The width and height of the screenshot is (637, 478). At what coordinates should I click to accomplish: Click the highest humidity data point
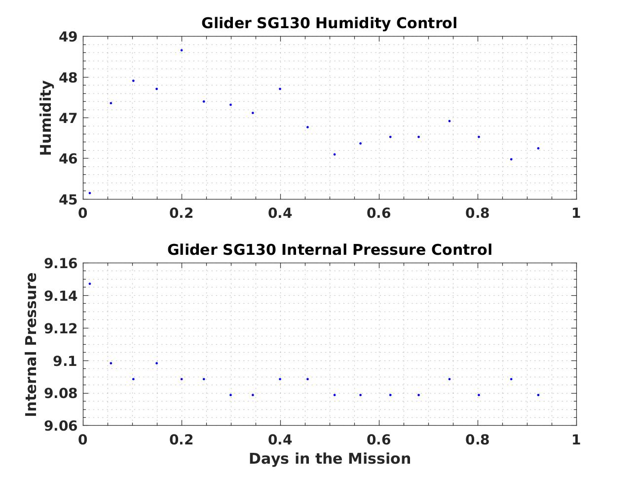[x=182, y=50]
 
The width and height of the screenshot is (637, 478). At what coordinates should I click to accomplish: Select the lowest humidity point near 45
[x=89, y=193]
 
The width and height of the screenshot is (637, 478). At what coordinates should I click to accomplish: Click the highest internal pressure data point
[x=89, y=284]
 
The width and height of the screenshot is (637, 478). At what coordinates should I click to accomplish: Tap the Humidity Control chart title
[x=329, y=23]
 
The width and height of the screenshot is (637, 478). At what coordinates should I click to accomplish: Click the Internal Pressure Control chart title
[x=329, y=250]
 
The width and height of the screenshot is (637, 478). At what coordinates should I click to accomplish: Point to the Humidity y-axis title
[x=46, y=118]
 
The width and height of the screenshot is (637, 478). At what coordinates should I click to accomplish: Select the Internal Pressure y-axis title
[x=31, y=344]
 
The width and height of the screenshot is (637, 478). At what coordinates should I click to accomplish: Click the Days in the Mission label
[x=329, y=459]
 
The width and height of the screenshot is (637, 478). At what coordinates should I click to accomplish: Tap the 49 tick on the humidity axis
[x=68, y=37]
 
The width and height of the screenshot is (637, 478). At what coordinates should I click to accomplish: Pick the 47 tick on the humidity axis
[x=68, y=119]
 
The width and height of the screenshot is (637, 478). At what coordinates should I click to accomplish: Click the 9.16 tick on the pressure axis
[x=61, y=264]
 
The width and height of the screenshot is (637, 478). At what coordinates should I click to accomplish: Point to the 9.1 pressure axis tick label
[x=65, y=361]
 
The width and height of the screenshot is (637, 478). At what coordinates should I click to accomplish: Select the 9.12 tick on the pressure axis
[x=61, y=329]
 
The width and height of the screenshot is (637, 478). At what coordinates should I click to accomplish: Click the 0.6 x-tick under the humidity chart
[x=378, y=213]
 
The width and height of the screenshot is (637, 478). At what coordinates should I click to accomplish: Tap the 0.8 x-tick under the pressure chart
[x=477, y=439]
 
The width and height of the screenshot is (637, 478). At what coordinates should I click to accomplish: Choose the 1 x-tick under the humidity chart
[x=576, y=213]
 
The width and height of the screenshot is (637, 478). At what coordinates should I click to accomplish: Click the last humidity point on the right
[x=538, y=148]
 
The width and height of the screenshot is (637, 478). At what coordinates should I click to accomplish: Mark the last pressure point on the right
[x=538, y=395]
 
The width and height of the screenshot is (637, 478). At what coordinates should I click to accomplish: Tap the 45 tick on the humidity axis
[x=68, y=199]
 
